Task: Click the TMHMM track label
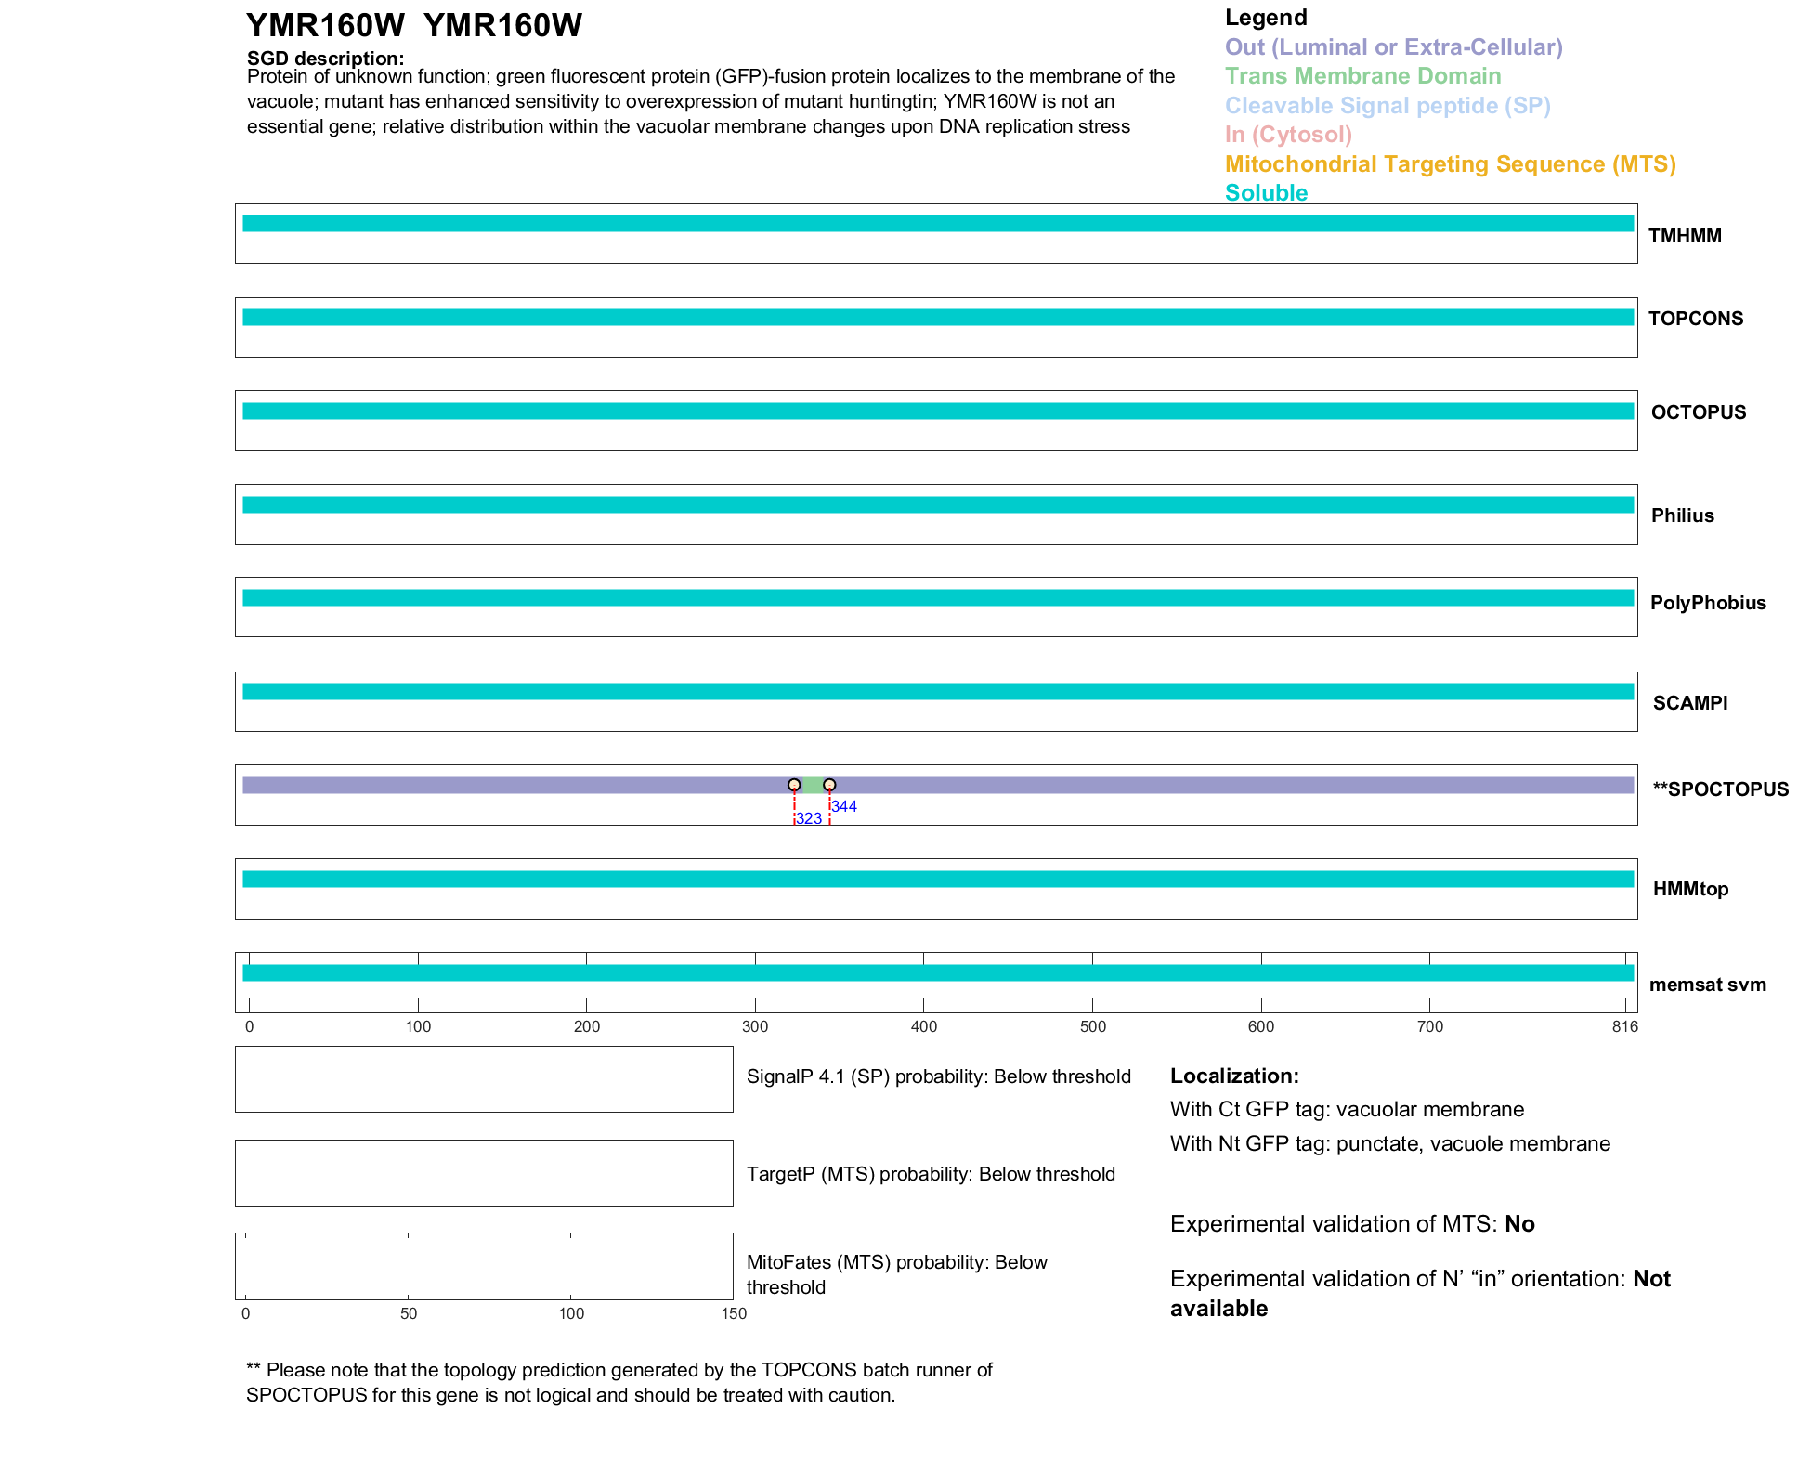pyautogui.click(x=1684, y=236)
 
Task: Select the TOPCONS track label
pyautogui.click(x=1695, y=319)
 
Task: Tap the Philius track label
pyautogui.click(x=1682, y=515)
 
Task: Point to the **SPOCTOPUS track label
pyautogui.click(x=1720, y=789)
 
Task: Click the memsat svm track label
pyautogui.click(x=1707, y=985)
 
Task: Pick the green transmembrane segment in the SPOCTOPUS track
pyautogui.click(x=812, y=785)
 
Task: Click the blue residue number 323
pyautogui.click(x=809, y=818)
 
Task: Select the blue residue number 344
pyautogui.click(x=843, y=806)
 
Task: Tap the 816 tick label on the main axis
pyautogui.click(x=1624, y=1026)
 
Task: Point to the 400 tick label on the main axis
pyautogui.click(x=923, y=1026)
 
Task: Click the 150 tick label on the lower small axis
pyautogui.click(x=734, y=1313)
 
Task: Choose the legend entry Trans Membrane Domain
pyautogui.click(x=1362, y=76)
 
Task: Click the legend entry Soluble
pyautogui.click(x=1266, y=193)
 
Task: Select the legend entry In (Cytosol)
pyautogui.click(x=1288, y=135)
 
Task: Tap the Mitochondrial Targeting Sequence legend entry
pyautogui.click(x=1450, y=164)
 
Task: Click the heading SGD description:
pyautogui.click(x=325, y=59)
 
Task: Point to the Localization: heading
pyautogui.click(x=1233, y=1076)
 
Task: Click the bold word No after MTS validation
pyautogui.click(x=1519, y=1224)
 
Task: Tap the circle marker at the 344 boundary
pyautogui.click(x=829, y=785)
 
